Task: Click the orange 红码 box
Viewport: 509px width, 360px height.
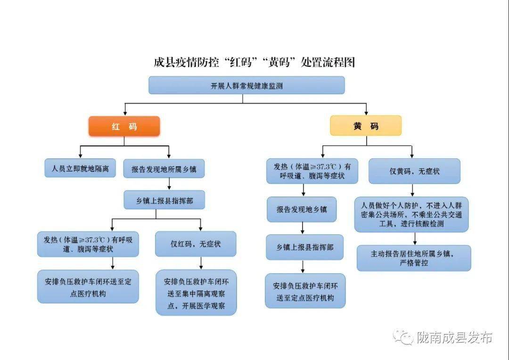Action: [124, 126]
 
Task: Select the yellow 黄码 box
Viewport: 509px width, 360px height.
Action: [366, 126]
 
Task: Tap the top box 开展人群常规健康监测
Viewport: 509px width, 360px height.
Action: [246, 85]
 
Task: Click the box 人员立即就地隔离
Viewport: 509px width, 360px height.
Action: [80, 168]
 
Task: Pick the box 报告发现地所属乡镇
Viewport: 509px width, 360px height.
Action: [164, 169]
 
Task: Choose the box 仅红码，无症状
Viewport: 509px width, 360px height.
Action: [196, 244]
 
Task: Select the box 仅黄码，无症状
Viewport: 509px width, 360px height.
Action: [415, 171]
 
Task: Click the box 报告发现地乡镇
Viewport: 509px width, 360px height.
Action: [302, 209]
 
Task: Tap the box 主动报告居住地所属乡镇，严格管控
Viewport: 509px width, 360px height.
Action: [414, 258]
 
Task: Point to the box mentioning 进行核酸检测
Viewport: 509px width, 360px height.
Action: [411, 214]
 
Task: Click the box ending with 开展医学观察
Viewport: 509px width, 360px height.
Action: [196, 293]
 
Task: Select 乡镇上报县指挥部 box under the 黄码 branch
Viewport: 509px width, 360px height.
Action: [305, 247]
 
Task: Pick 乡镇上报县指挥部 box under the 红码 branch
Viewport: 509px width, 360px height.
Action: [164, 200]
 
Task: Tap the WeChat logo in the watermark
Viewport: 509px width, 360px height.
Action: [403, 337]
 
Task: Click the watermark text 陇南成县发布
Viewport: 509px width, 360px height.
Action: [454, 337]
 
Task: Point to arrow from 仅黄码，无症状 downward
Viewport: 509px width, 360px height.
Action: [412, 190]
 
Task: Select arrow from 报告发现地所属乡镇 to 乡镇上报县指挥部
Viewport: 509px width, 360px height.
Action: [169, 184]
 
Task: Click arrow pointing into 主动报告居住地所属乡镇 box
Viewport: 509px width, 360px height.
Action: [415, 238]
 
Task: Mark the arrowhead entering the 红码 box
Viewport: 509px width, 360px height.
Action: [125, 114]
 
